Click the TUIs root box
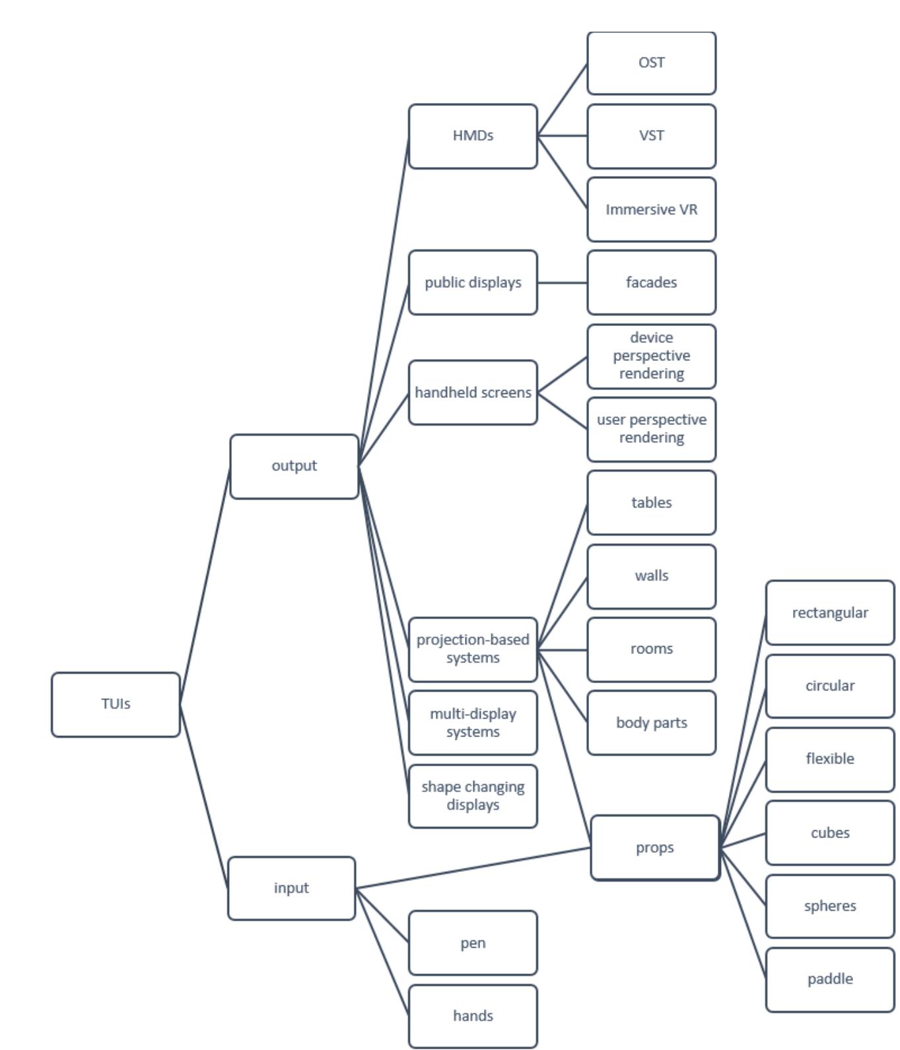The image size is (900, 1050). point(116,704)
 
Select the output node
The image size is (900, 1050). point(294,466)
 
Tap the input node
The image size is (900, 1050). point(291,888)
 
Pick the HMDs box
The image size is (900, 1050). point(473,136)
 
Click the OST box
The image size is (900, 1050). point(651,63)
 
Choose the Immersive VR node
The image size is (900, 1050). point(651,209)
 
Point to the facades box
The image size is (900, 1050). point(651,282)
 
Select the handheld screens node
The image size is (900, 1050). point(473,393)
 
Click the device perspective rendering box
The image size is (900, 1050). point(651,356)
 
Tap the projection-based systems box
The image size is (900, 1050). point(473,649)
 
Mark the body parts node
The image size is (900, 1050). point(651,723)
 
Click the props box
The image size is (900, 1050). point(654,847)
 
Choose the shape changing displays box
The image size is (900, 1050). point(473,796)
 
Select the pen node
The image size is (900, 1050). point(473,943)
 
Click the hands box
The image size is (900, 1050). point(473,1016)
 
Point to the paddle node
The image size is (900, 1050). point(830,979)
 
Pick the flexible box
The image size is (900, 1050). point(830,759)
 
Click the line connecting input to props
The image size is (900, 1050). point(473,868)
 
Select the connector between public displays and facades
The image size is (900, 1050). point(562,282)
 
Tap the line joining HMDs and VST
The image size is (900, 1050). point(562,136)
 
